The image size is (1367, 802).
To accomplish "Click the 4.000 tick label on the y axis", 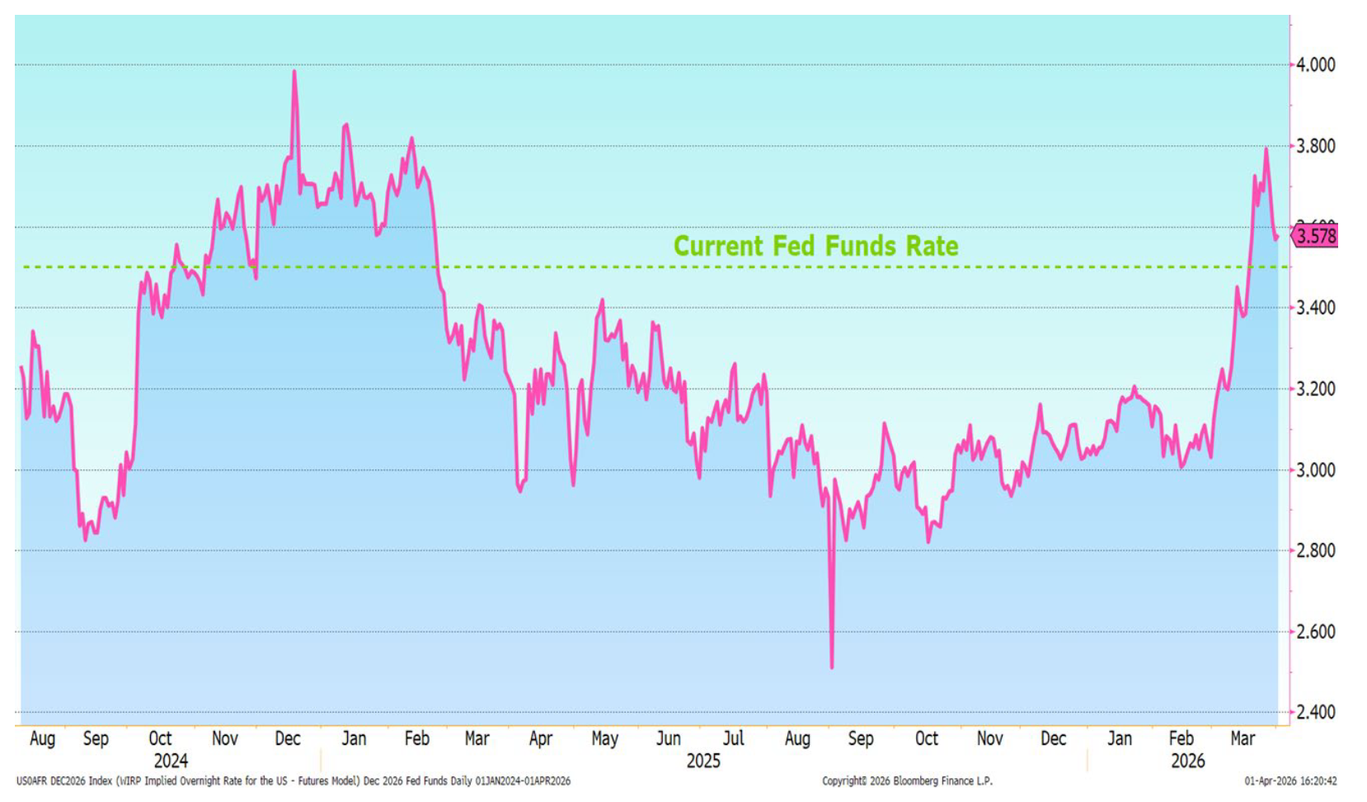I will [1316, 64].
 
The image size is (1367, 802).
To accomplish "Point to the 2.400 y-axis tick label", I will [1316, 712].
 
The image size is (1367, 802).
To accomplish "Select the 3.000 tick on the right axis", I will [1316, 470].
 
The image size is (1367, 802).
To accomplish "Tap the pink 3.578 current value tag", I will [1316, 236].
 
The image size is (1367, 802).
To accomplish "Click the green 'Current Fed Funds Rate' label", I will [815, 246].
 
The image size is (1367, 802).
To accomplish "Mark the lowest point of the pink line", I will [831, 667].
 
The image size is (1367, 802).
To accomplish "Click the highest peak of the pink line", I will [294, 72].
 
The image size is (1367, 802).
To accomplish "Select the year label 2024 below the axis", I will [171, 761].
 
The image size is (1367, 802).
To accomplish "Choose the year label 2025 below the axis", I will [703, 761].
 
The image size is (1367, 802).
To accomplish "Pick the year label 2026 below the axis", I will [1188, 761].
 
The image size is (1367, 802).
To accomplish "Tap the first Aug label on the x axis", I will [42, 738].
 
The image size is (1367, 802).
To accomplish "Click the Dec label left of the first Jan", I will [288, 738].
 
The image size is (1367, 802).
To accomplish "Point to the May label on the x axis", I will [604, 738].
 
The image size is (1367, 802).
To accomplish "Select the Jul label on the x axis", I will [733, 738].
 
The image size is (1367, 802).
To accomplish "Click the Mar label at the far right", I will [1243, 738].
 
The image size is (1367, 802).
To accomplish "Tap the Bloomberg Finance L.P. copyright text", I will [907, 781].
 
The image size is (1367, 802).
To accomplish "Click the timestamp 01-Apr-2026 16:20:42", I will [1290, 781].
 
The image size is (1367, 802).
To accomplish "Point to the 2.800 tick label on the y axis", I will [1316, 550].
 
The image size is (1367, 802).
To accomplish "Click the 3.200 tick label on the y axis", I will [1316, 389].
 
